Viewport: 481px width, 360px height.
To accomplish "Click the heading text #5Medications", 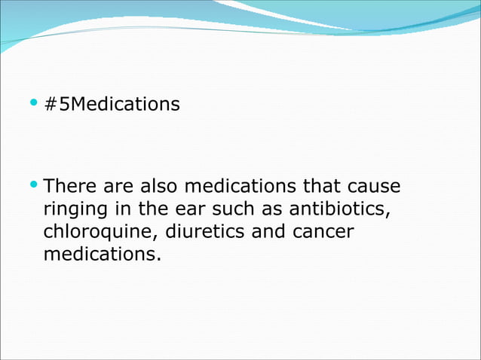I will click(x=112, y=104).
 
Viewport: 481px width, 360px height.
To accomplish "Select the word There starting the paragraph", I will click(x=69, y=185).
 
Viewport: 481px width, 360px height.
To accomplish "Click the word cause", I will click(x=373, y=185).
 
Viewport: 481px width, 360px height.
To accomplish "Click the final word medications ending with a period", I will click(x=102, y=255).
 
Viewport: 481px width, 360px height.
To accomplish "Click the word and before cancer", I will click(x=268, y=231).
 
